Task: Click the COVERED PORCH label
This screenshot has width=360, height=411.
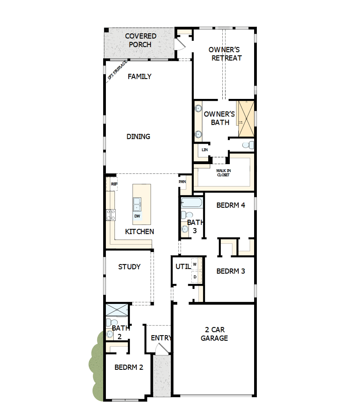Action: pyautogui.click(x=140, y=40)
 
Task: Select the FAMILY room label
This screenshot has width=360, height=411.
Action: pyautogui.click(x=140, y=77)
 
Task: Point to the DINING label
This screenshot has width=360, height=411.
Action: pyautogui.click(x=138, y=137)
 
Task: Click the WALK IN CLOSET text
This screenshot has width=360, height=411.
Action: pyautogui.click(x=223, y=173)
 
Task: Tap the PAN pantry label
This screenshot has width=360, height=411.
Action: pyautogui.click(x=182, y=182)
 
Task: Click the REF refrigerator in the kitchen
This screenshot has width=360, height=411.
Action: pyautogui.click(x=114, y=184)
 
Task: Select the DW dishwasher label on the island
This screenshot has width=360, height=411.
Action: pyautogui.click(x=137, y=216)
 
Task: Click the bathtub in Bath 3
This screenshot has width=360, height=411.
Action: pyautogui.click(x=191, y=203)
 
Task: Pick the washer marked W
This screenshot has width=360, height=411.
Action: pyautogui.click(x=195, y=264)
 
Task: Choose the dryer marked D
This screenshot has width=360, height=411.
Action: pyautogui.click(x=195, y=277)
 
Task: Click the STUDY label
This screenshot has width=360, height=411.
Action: pyautogui.click(x=129, y=267)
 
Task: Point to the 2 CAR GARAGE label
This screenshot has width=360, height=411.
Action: pyautogui.click(x=214, y=334)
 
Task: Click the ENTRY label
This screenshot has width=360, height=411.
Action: pyautogui.click(x=161, y=338)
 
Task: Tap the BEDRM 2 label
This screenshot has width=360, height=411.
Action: pyautogui.click(x=129, y=367)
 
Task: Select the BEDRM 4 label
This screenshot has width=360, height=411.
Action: pyautogui.click(x=231, y=205)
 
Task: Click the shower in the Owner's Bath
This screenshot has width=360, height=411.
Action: pyautogui.click(x=246, y=119)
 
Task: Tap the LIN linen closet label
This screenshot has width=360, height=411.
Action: pyautogui.click(x=204, y=150)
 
